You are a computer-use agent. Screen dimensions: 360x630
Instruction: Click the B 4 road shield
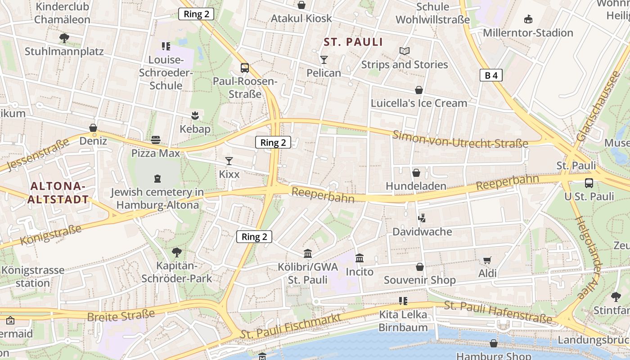click(x=491, y=75)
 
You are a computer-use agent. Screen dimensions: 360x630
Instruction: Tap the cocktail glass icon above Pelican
click(x=324, y=59)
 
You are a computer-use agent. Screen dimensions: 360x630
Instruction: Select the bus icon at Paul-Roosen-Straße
click(x=245, y=68)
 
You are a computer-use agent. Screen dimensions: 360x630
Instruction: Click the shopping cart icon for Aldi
click(x=487, y=260)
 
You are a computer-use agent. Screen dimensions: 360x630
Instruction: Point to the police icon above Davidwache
click(x=422, y=218)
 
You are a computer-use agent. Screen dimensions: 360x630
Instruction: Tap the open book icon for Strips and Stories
click(x=405, y=51)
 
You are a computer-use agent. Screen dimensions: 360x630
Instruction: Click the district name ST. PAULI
click(x=353, y=42)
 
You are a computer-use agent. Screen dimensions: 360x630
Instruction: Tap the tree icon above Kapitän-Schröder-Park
click(x=177, y=252)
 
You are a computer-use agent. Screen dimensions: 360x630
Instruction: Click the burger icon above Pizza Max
click(x=156, y=140)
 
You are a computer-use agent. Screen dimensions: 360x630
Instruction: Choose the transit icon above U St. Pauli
click(x=589, y=183)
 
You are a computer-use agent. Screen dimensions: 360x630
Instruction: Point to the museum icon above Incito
click(x=360, y=258)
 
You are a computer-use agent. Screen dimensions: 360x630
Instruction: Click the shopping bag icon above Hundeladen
click(x=416, y=173)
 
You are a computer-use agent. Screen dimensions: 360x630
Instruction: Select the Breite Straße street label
click(x=121, y=316)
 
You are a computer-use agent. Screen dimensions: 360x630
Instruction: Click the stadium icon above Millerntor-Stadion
click(x=528, y=19)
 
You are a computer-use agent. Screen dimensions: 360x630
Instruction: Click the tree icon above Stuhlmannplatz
click(x=64, y=38)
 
